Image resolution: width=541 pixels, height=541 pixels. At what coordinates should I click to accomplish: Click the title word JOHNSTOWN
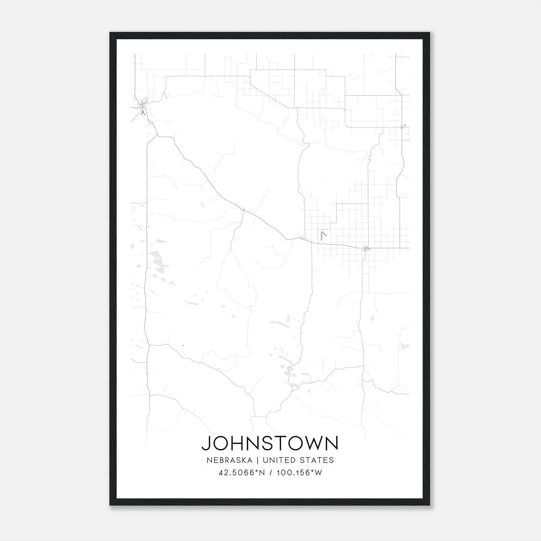(270, 443)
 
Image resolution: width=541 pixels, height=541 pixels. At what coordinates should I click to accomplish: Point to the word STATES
(316, 460)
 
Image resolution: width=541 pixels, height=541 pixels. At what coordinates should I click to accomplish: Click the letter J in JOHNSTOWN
(205, 443)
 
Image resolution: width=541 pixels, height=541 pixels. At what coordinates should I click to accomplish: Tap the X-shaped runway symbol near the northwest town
(143, 113)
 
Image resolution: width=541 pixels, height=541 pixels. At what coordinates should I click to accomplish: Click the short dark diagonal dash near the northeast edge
(404, 125)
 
